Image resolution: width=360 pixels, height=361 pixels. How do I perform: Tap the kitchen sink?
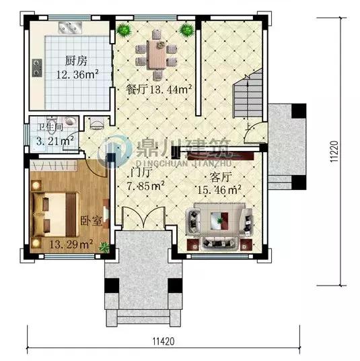tap(69, 29)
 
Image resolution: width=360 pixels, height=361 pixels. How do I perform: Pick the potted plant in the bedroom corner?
tap(104, 247)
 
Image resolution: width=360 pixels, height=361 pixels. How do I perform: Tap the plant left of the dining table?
tap(123, 30)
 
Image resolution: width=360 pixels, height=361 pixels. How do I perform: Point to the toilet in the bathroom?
tap(97, 124)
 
